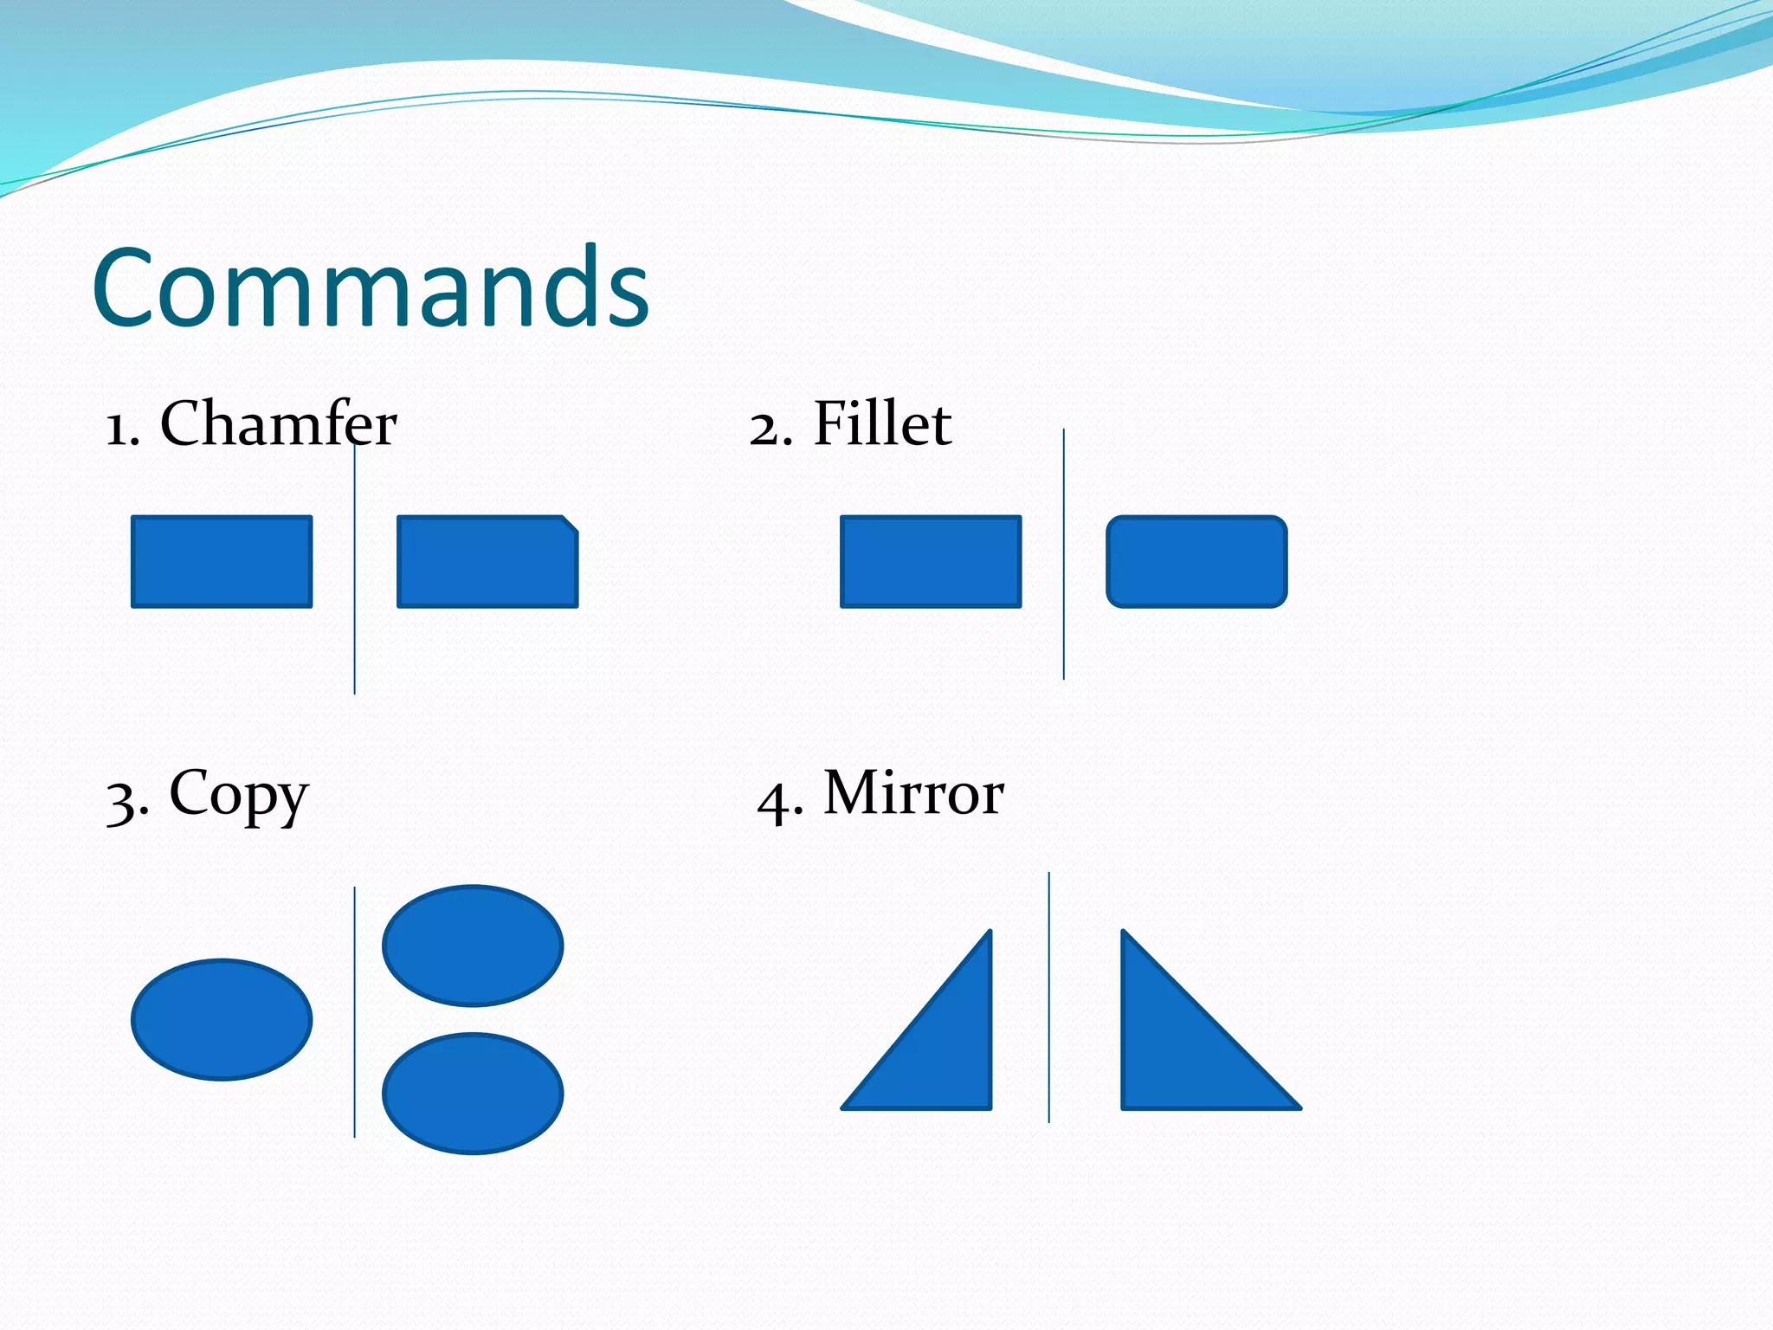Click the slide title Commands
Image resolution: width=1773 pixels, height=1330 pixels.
371,287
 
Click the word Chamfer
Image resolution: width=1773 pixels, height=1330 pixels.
278,424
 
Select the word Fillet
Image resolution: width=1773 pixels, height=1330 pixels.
882,424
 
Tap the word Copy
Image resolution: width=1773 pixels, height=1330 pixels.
238,795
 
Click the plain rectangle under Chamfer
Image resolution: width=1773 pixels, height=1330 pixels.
222,562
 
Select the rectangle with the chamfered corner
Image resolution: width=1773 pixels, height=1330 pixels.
485,563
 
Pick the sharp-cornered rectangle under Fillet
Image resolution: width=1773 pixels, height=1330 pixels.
931,562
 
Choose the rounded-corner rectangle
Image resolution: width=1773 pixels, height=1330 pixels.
1196,562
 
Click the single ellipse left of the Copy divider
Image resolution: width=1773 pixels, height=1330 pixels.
222,1019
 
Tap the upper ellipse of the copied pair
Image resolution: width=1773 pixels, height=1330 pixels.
473,946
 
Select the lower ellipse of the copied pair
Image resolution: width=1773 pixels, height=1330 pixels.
473,1093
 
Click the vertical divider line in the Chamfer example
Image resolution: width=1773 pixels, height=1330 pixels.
354,606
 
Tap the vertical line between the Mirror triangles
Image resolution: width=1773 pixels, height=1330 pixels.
1049,996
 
